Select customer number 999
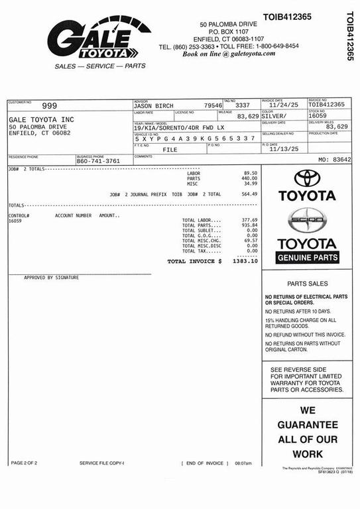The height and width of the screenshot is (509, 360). coord(50,105)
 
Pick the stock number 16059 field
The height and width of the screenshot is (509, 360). coord(318,116)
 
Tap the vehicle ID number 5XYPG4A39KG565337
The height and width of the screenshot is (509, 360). coord(194,139)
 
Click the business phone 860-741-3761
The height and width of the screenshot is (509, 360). coord(98,161)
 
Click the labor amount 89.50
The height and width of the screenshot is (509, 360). coord(251,173)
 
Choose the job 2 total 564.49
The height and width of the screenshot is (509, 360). coord(249,194)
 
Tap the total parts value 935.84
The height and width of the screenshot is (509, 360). coord(249,225)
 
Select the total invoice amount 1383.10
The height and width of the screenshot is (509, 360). coord(245,261)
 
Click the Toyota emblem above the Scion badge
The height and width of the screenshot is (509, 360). coord(307,178)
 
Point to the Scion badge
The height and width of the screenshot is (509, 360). coord(307,220)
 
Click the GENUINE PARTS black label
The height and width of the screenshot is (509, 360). coord(307,257)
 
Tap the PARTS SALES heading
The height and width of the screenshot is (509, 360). coord(307,283)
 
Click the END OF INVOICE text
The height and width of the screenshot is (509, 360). coord(204,463)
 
